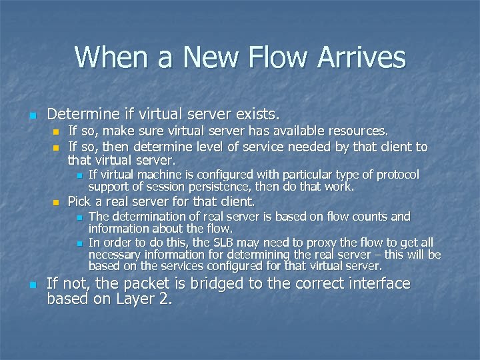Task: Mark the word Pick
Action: (79, 201)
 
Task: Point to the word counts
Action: (363, 217)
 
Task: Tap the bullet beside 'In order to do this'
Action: (78, 243)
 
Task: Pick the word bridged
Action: (216, 284)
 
